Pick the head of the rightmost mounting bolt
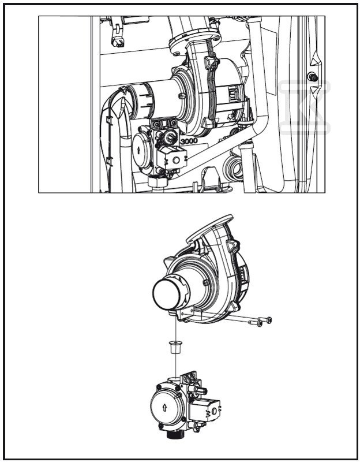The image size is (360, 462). (x=269, y=319)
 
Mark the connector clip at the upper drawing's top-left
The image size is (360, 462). (x=119, y=41)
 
